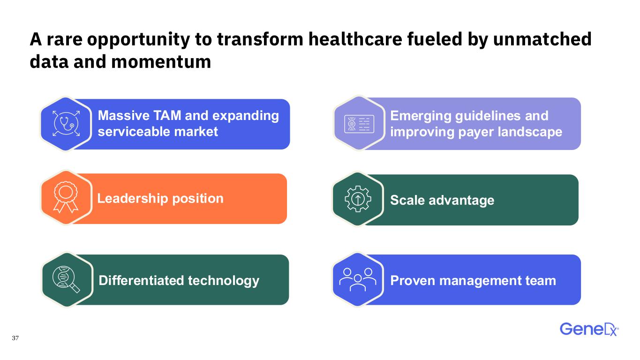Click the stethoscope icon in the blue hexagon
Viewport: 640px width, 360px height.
click(x=66, y=123)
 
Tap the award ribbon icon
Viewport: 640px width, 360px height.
click(x=66, y=197)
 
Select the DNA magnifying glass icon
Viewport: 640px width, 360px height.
click(x=66, y=279)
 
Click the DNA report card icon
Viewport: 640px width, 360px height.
click(x=359, y=124)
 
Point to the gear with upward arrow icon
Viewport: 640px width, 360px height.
click(x=358, y=199)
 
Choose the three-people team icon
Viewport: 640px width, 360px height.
click(x=358, y=279)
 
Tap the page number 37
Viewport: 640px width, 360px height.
click(x=15, y=338)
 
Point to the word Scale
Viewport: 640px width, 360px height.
click(x=407, y=200)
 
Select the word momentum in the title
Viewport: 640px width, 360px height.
click(x=161, y=62)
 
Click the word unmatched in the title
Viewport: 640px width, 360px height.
click(x=542, y=39)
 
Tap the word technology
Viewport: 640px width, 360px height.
click(x=224, y=281)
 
